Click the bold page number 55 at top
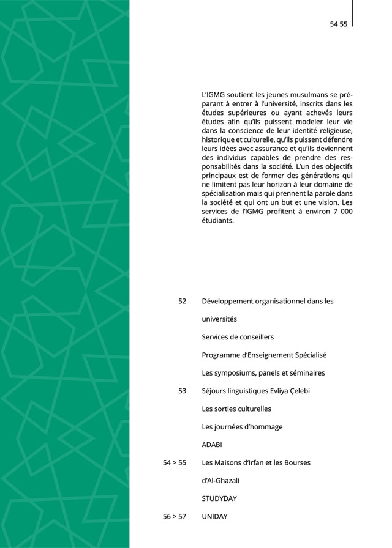pos(344,24)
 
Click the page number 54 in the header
pos(334,24)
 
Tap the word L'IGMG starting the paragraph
pos(213,96)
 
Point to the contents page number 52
pos(182,302)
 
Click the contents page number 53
pos(182,391)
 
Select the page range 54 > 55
pos(175,463)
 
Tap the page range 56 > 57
pos(175,517)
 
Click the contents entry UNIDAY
pos(214,517)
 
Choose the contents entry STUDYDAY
pos(219,498)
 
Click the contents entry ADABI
pos(211,445)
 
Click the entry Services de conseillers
pos(238,337)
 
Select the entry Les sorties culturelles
pos(236,409)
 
